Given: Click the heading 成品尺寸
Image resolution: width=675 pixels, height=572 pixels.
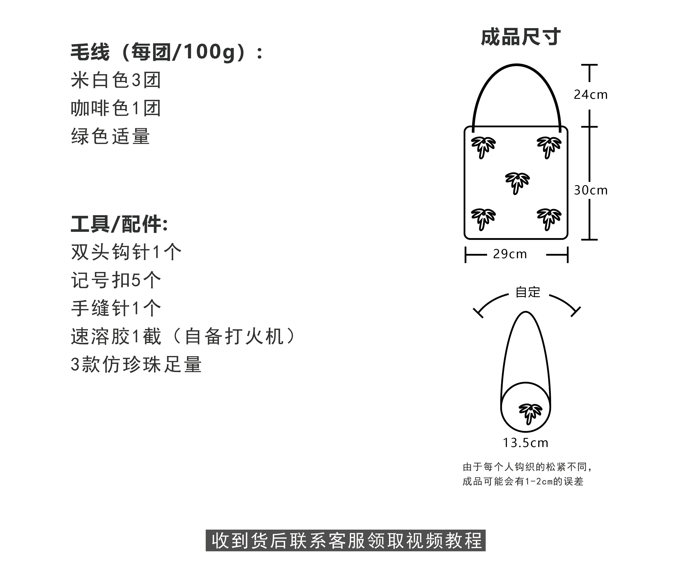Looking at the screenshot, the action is [521, 37].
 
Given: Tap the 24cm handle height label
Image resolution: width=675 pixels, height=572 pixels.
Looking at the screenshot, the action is [591, 95].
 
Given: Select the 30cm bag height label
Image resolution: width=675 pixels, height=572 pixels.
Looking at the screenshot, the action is [591, 190].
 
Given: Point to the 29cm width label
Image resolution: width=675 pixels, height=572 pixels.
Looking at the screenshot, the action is [510, 254].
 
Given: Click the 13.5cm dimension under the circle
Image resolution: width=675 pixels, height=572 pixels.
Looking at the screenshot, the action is [525, 443].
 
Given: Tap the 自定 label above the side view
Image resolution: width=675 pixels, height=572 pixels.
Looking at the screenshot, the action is [528, 292].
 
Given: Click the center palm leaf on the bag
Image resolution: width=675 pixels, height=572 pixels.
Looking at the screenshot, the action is [517, 183].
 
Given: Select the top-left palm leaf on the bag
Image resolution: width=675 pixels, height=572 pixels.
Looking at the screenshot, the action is [483, 147].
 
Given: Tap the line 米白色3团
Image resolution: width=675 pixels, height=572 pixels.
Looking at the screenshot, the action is [116, 80].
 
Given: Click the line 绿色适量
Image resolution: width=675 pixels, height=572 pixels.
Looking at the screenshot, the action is [110, 136].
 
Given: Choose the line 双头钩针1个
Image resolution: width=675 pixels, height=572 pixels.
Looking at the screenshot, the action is [126, 252].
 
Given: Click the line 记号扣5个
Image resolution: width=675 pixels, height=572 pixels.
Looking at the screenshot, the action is [116, 280].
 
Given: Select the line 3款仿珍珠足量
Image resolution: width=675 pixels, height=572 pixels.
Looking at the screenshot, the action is [136, 364].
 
